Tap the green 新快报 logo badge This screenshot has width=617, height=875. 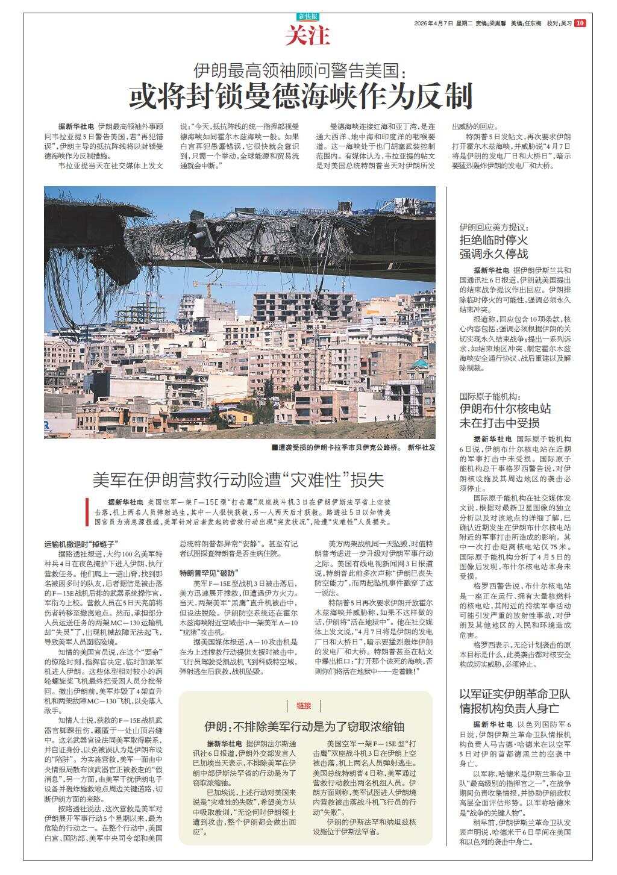(308, 17)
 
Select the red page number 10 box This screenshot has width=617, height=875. (580, 23)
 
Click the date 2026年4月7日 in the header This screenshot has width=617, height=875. (433, 23)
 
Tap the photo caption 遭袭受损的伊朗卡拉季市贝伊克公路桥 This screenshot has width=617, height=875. (335, 447)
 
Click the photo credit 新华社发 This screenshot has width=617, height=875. (421, 447)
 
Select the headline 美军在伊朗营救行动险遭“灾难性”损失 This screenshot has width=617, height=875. (238, 480)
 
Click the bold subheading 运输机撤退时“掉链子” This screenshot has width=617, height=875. (81, 543)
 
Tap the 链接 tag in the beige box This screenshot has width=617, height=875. (304, 705)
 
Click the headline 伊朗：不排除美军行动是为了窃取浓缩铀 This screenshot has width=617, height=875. (304, 725)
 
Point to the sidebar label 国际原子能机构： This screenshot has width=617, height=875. (489, 396)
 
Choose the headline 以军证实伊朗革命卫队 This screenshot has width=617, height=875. (515, 694)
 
